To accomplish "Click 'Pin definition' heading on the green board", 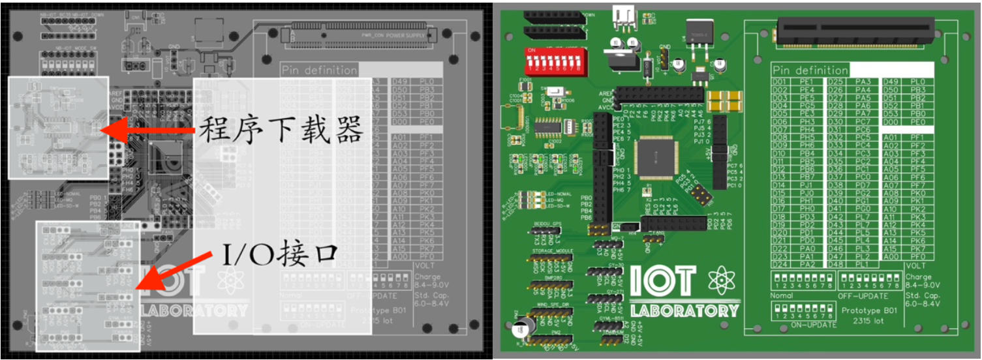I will [x=810, y=70].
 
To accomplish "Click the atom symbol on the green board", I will [x=720, y=280].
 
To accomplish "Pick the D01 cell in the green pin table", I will [x=780, y=82].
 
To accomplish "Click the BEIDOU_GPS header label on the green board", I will [x=547, y=224].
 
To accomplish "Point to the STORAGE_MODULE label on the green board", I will [x=551, y=250].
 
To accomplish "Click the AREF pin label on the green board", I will [x=605, y=95].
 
